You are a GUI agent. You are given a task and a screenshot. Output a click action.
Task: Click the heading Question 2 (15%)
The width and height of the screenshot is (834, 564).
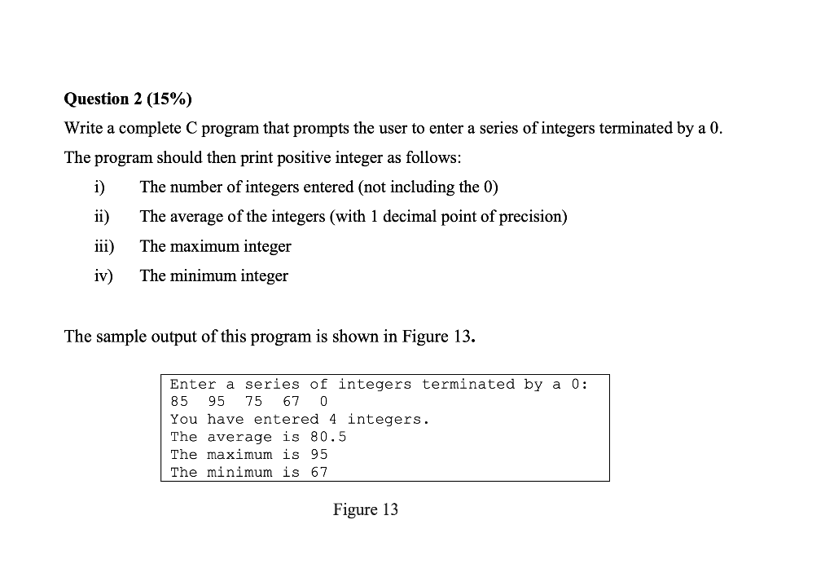[129, 99]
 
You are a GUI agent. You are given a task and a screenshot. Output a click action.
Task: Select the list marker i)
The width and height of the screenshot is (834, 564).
[99, 187]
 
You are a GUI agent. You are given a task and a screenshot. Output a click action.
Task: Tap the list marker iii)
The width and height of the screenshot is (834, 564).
[103, 246]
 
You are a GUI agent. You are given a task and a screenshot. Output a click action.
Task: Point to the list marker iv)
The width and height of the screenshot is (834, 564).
[103, 275]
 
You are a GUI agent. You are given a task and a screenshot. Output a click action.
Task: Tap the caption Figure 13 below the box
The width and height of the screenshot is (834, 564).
[366, 510]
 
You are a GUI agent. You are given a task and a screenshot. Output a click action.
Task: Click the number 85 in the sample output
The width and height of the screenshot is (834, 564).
[179, 402]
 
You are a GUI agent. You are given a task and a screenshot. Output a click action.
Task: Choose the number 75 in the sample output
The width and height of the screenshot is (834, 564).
[254, 402]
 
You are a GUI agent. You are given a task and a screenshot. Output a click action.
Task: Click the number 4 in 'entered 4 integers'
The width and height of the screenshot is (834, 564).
[333, 420]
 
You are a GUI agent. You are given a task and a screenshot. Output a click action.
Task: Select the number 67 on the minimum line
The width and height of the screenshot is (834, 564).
[319, 473]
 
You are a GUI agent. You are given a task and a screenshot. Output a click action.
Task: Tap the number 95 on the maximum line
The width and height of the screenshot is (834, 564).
[319, 455]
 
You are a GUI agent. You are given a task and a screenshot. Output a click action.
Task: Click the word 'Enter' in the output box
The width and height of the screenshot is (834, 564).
[193, 384]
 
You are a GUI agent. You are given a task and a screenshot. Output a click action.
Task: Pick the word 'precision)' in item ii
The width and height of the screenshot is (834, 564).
[533, 217]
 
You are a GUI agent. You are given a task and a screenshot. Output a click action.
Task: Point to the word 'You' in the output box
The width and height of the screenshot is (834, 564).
[183, 420]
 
